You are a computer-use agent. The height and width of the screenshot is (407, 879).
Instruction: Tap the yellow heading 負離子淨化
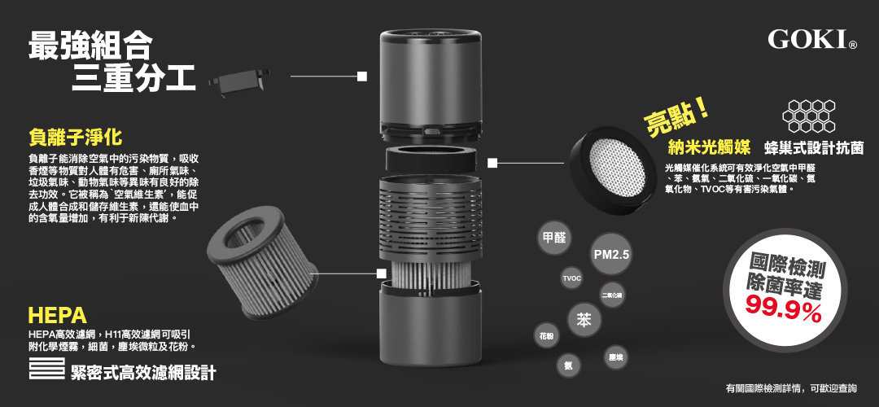tap(74, 135)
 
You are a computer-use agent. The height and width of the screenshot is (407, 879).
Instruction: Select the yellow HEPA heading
tap(57, 316)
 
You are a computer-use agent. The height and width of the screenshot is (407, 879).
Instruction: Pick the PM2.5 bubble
tap(611, 256)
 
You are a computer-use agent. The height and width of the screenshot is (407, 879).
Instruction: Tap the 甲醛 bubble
tap(554, 238)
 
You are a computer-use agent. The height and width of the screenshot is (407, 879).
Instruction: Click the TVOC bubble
tap(572, 279)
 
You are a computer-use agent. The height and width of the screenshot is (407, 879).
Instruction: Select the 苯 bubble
tap(584, 320)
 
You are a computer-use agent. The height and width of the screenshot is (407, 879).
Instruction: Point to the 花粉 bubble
tap(544, 336)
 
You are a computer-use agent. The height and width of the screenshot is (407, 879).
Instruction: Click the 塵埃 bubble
tap(616, 357)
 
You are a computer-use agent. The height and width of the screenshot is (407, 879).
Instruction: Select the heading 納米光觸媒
tap(708, 148)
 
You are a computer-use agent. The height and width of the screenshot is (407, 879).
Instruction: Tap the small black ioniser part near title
tap(239, 81)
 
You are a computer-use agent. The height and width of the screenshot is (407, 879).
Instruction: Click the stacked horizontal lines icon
tap(46, 370)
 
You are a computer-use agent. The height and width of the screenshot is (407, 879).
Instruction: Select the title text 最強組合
tap(90, 46)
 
